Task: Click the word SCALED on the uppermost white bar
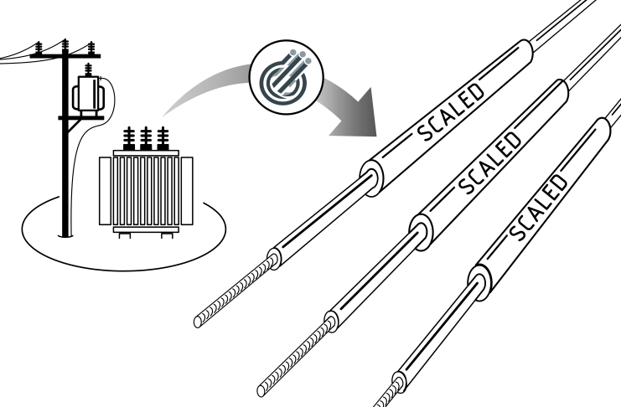[x=451, y=112]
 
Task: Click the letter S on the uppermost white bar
[x=427, y=131]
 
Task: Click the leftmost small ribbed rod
[x=238, y=289]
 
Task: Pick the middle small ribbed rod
[x=298, y=354]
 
